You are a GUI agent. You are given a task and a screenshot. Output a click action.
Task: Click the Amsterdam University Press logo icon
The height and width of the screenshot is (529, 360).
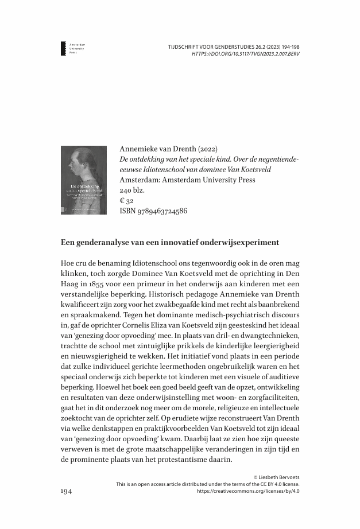point(63,48)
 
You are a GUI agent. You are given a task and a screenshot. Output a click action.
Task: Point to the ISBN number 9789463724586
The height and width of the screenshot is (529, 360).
point(153,211)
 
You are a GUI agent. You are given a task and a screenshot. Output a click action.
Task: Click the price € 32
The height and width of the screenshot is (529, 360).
point(126,201)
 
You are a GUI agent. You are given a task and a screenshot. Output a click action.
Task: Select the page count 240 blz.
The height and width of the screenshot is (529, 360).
point(133,190)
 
